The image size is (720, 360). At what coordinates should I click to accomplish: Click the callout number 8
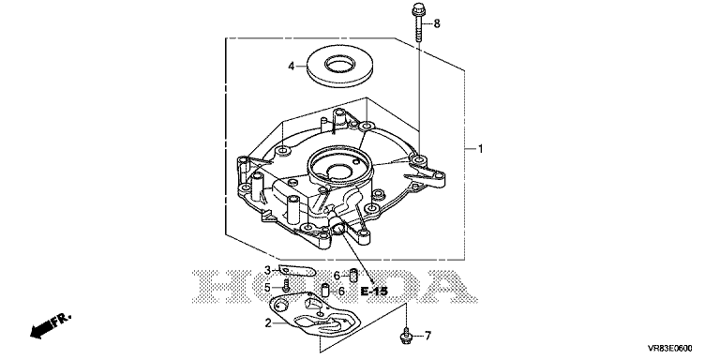(x=437, y=23)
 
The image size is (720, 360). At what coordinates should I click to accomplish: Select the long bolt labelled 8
(x=418, y=22)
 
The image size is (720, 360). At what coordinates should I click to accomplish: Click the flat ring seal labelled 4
(x=338, y=67)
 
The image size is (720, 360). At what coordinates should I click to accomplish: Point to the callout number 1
(x=480, y=149)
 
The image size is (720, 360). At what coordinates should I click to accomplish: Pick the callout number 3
(x=267, y=270)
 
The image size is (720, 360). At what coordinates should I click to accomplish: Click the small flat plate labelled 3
(x=297, y=271)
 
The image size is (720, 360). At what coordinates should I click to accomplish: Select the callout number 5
(x=267, y=289)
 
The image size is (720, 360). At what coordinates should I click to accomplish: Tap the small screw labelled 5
(x=286, y=286)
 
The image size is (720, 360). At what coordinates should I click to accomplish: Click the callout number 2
(x=268, y=323)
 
